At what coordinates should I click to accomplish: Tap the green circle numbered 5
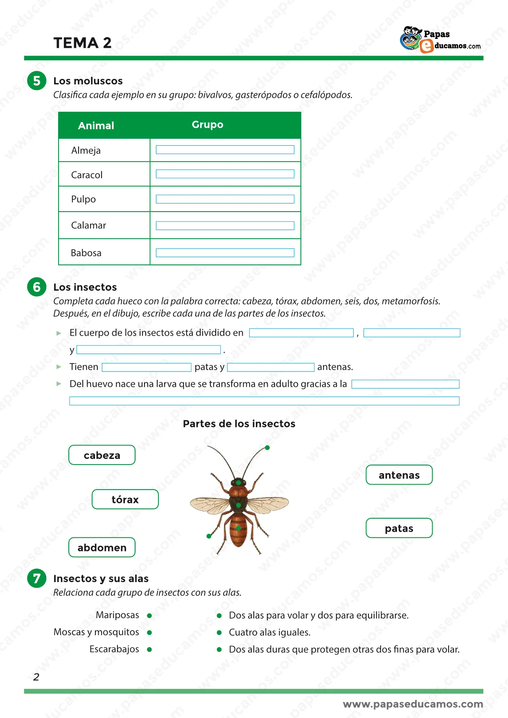point(37,81)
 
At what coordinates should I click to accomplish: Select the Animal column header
point(96,126)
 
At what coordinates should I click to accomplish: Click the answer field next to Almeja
point(225,150)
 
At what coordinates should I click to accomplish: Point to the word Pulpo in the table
point(84,199)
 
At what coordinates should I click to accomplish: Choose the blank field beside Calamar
point(225,226)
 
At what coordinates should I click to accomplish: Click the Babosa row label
point(86,253)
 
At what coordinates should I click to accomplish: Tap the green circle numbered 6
point(37,287)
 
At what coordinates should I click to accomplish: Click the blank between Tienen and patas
point(147,367)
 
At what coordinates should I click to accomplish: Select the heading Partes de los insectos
point(239,424)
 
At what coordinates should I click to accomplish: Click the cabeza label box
point(102,455)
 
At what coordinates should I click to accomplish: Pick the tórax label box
point(125,499)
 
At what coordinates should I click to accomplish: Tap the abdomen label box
point(102,548)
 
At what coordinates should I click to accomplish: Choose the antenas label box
point(399,475)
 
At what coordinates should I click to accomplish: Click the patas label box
point(399,528)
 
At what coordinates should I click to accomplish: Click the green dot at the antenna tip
point(267,448)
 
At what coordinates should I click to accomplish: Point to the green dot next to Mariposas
point(149,616)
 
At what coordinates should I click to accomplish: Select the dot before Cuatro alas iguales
point(219,632)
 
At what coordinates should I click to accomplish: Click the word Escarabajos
point(114,649)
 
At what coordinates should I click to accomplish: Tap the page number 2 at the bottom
point(36,677)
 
